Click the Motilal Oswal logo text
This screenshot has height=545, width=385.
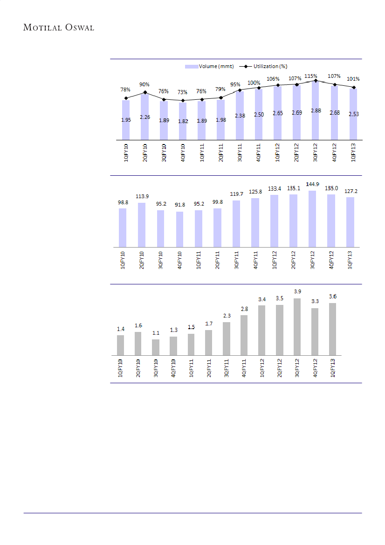59,28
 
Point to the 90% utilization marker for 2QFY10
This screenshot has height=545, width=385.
145,92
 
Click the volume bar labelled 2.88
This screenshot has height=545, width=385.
316,112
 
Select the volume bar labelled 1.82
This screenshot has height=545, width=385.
183,121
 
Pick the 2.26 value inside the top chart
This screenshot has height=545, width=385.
145,117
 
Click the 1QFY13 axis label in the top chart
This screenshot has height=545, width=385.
353,152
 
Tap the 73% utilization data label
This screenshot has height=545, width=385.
183,92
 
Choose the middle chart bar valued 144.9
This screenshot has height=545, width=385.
312,219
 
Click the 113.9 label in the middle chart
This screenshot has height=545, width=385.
142,196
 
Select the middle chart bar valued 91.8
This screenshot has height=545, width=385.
179,229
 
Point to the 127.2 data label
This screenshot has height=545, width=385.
350,191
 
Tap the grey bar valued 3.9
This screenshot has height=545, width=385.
297,326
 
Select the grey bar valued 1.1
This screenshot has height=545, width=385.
156,347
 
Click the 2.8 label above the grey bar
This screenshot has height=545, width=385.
244,309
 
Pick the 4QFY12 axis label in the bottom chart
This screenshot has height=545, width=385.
315,368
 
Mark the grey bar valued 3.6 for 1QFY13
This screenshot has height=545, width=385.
332,329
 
